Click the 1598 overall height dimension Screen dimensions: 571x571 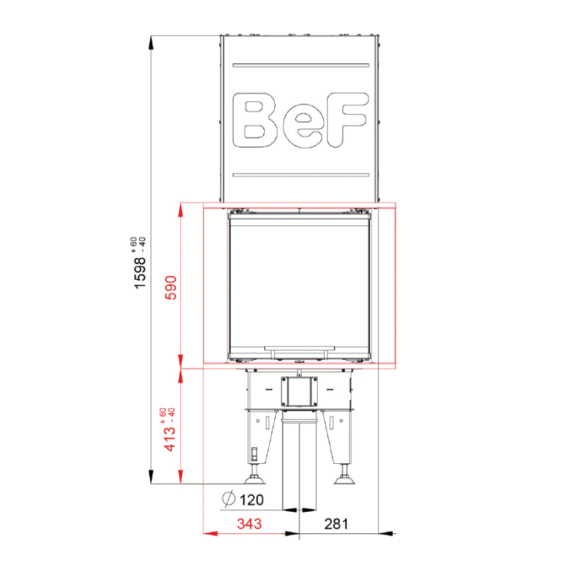click(140, 273)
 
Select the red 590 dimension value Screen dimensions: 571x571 click(171, 288)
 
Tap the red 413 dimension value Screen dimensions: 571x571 click(170, 439)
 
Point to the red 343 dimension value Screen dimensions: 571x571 click(249, 524)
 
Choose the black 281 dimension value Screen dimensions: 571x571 click(336, 524)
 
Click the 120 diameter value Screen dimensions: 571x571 click(252, 500)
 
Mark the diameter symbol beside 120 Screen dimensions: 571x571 click(228, 498)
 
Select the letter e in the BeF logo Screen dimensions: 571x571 click(303, 128)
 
